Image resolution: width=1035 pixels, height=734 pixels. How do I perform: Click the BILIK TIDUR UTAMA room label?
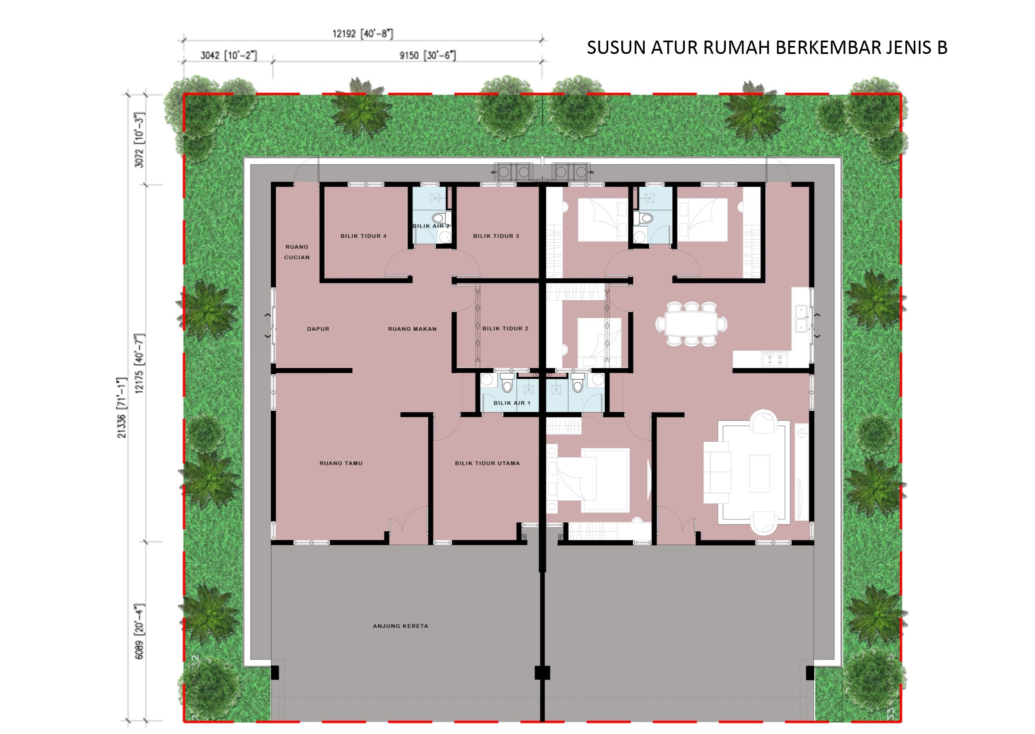(x=487, y=463)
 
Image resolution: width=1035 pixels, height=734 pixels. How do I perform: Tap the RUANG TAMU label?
(x=341, y=463)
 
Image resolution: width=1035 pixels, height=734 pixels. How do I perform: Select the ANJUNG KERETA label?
(x=400, y=626)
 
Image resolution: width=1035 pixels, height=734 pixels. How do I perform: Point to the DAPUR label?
(x=318, y=329)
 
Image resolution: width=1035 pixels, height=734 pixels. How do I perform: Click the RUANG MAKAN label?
(x=412, y=329)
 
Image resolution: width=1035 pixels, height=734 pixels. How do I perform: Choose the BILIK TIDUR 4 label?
(x=364, y=236)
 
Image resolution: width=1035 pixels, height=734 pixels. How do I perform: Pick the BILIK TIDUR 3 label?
(x=496, y=236)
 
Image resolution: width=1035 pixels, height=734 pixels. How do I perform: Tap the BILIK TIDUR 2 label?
(x=505, y=329)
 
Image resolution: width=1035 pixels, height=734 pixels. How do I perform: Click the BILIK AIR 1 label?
(x=512, y=403)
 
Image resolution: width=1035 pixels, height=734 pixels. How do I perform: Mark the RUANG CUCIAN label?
(x=297, y=252)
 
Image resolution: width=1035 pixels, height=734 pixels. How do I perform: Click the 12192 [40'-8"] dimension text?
(x=362, y=34)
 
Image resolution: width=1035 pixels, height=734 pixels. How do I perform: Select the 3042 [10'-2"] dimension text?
(x=229, y=56)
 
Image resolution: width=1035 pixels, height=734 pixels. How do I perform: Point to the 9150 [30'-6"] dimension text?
(x=427, y=56)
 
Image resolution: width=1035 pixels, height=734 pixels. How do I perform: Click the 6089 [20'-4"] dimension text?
(x=140, y=631)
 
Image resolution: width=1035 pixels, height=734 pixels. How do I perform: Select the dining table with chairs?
(x=692, y=324)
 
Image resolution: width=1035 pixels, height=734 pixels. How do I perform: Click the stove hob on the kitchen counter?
(x=775, y=359)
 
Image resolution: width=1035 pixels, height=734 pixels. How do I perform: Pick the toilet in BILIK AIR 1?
(x=507, y=382)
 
